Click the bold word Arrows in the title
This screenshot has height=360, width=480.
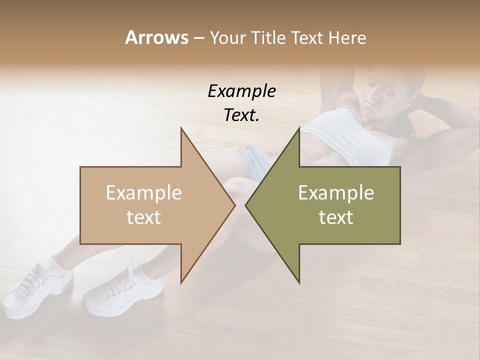(156, 37)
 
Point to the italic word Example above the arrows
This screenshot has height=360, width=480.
(241, 91)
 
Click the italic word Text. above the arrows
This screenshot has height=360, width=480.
(241, 115)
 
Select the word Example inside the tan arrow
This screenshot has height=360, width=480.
(143, 193)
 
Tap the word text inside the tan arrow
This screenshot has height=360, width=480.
(143, 217)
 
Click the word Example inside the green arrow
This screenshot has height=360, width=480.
(336, 193)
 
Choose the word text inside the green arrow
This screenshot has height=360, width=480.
(336, 217)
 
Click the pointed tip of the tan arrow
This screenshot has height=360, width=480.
(234, 205)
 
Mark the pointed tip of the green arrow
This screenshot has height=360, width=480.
(246, 205)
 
